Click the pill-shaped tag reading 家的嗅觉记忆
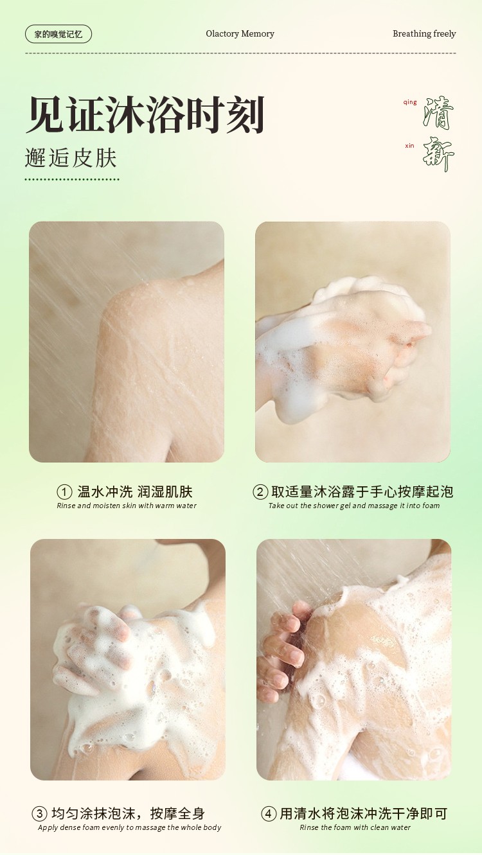click(x=58, y=34)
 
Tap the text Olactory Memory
click(x=240, y=34)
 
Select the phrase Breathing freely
click(x=424, y=34)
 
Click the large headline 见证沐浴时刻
click(x=145, y=114)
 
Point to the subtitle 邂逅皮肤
click(x=71, y=158)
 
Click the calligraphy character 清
click(x=438, y=112)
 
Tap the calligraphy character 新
click(x=438, y=154)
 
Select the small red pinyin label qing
click(x=410, y=102)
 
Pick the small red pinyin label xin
click(x=409, y=145)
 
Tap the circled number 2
click(x=260, y=492)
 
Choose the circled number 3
click(x=39, y=814)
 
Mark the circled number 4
click(x=269, y=814)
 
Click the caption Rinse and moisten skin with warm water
click(x=127, y=506)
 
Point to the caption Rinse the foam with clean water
click(x=355, y=827)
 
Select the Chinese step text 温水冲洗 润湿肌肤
click(x=135, y=491)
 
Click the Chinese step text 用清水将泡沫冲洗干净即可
click(x=363, y=814)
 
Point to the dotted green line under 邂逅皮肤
click(x=72, y=179)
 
